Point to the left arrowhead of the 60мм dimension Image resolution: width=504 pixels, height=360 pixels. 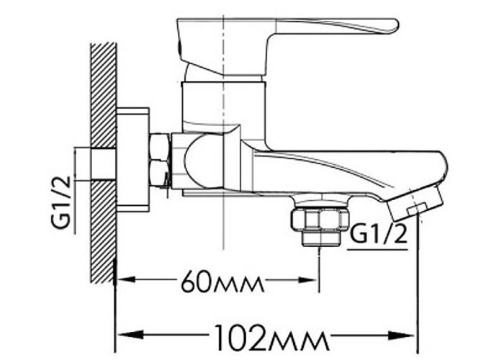(126, 280)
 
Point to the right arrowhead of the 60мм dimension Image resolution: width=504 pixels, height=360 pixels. (308, 280)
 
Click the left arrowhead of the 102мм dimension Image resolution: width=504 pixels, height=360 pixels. (130, 336)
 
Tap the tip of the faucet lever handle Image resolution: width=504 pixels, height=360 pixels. (397, 25)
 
